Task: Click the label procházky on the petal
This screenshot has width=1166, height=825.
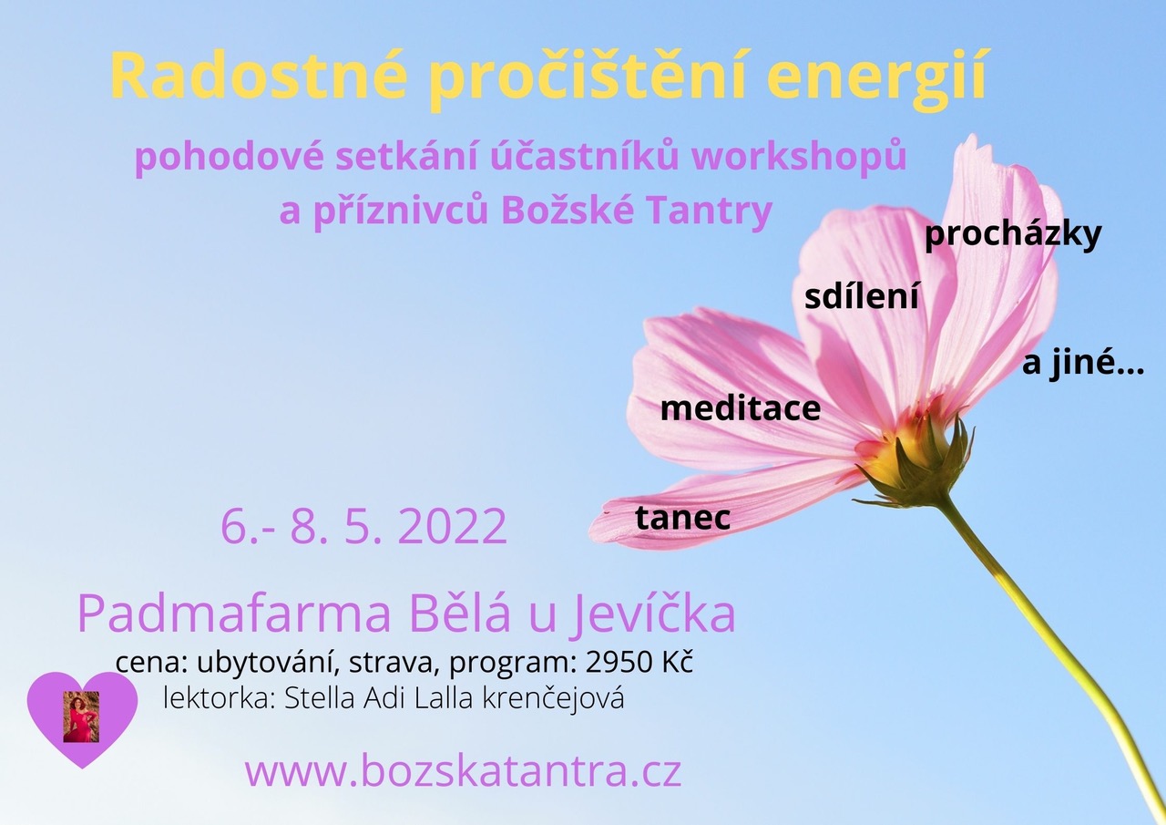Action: point(1013,238)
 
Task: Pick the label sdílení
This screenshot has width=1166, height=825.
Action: point(862,297)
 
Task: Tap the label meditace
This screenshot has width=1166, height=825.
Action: point(741,408)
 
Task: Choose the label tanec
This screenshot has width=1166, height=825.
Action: point(683,518)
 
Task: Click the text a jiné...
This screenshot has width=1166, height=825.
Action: point(1083,365)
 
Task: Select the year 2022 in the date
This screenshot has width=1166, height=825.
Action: point(455,527)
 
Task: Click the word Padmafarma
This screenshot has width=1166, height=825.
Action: point(234,615)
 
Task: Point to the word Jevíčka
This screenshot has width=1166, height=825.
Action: point(651,615)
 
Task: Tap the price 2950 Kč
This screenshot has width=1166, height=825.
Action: point(639,663)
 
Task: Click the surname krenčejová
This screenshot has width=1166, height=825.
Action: point(553,699)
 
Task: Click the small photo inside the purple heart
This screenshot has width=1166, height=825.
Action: point(81,717)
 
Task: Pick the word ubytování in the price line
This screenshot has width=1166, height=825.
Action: point(268,664)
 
